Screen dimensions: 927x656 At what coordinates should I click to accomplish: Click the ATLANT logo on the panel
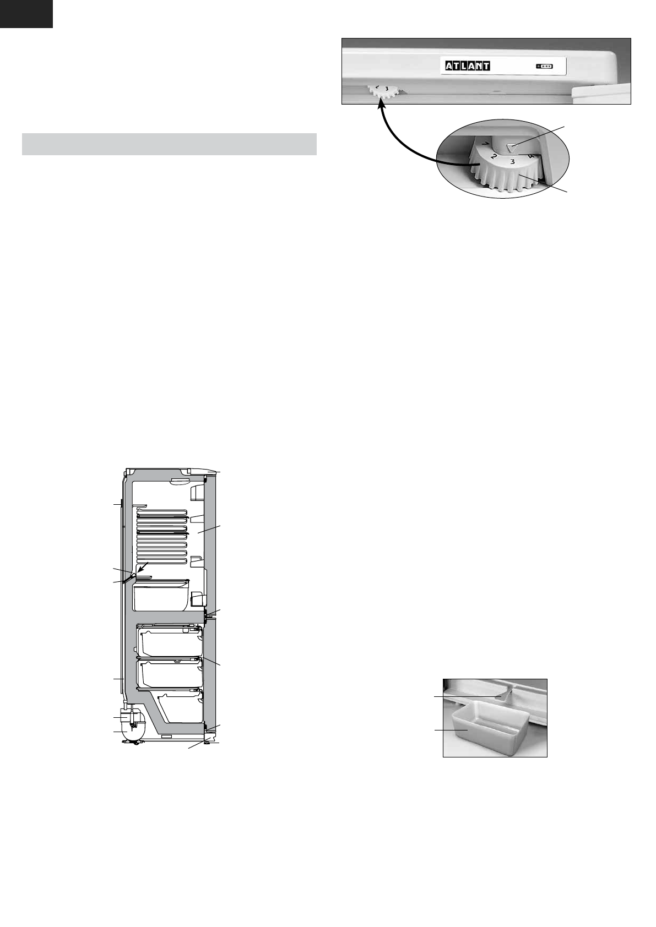coord(468,66)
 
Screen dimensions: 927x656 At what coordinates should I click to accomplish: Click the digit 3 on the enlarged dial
coord(512,161)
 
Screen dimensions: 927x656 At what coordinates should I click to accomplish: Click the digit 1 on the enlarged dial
coord(485,144)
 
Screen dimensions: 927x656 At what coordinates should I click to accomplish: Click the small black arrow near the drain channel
coord(142,568)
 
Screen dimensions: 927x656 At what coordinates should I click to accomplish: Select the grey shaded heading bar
coord(169,144)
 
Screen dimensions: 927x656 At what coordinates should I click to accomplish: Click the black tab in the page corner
coord(26,13)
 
